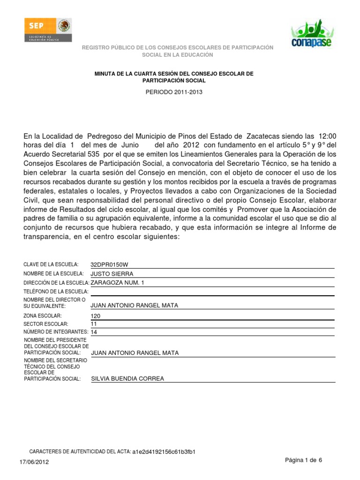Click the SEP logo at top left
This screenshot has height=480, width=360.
coord(47,31)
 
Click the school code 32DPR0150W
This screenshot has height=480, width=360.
coord(109,265)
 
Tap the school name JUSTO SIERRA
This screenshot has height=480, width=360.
coord(112,274)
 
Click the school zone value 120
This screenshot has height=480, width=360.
coord(96,316)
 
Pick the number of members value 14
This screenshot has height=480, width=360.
coord(94,332)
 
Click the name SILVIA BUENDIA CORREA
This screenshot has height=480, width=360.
coord(127,379)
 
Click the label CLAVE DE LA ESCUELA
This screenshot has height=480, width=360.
coord(51,265)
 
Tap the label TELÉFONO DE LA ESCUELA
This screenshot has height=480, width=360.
coord(56,292)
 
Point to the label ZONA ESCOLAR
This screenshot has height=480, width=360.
coord(43,316)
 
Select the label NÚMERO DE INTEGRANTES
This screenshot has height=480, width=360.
coord(56,332)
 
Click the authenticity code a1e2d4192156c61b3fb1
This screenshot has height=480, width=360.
coord(164,452)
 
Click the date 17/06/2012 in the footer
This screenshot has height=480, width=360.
coord(34,462)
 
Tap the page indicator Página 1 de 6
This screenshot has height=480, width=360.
coord(304,460)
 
